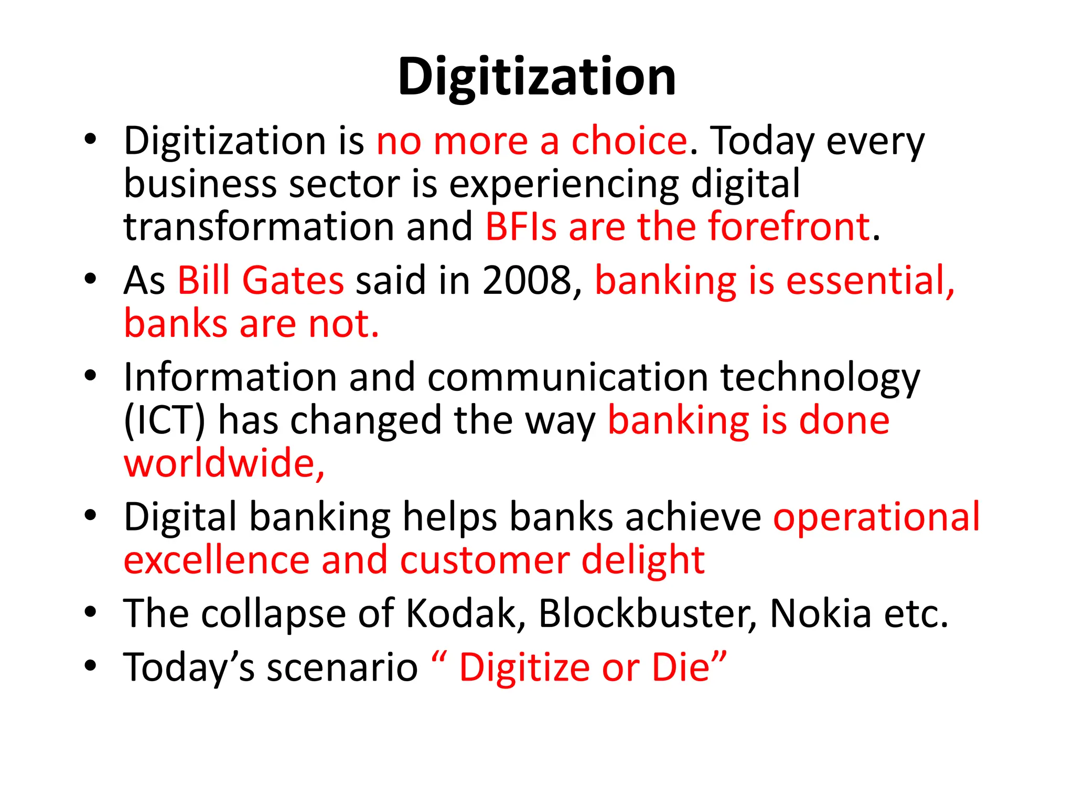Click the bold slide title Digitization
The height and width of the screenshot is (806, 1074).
pos(536,78)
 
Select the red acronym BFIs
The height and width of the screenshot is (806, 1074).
pos(521,227)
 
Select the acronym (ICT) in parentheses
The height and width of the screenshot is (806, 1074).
pos(164,420)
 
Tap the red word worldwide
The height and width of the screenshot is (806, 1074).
pos(223,463)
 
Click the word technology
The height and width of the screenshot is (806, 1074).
pos(820,378)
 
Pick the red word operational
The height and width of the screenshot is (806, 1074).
pos(876,517)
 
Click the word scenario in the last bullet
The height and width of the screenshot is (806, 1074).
pos(342,667)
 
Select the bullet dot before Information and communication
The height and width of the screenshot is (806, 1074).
pos(91,375)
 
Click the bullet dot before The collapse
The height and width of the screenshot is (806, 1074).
pos(91,611)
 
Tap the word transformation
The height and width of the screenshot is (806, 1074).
pos(259,227)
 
